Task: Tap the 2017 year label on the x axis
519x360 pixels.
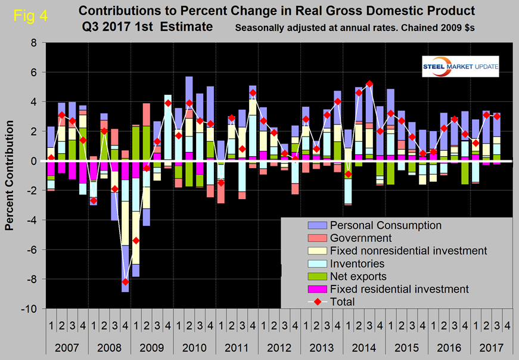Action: [487, 346]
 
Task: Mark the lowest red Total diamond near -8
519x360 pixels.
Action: [125, 281]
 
